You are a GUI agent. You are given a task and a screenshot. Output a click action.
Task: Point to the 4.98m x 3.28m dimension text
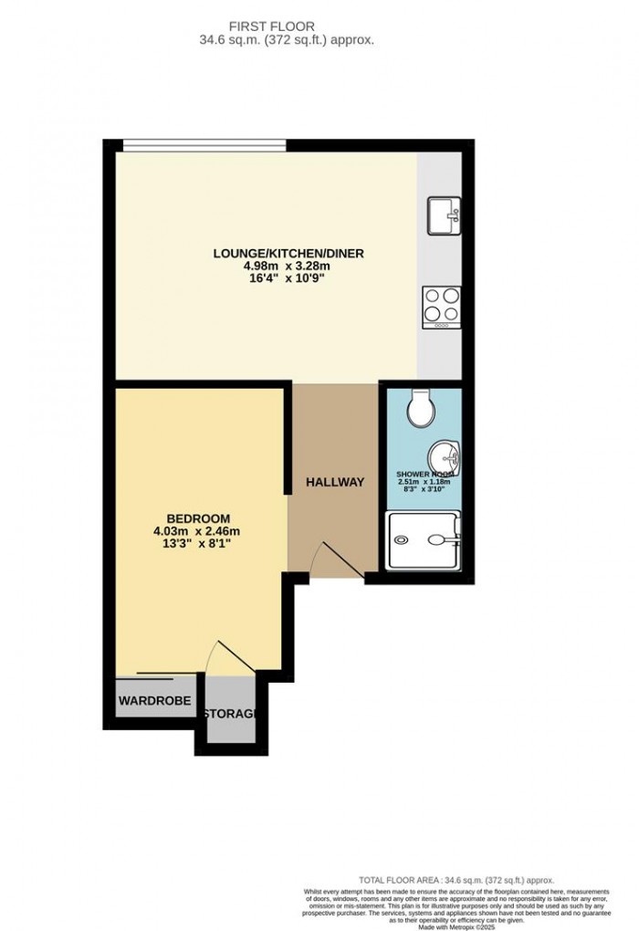pyautogui.click(x=285, y=267)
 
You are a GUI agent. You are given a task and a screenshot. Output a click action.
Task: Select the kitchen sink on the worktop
pyautogui.click(x=443, y=216)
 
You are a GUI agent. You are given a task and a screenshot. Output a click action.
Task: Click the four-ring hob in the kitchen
pyautogui.click(x=442, y=307)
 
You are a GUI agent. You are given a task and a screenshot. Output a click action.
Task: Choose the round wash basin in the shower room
pyautogui.click(x=445, y=456)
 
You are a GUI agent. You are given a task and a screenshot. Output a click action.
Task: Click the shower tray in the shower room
pyautogui.click(x=424, y=540)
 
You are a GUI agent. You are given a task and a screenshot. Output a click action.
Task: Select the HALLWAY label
pyautogui.click(x=335, y=482)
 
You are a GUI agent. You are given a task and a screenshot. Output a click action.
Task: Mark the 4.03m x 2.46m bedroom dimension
pyautogui.click(x=197, y=532)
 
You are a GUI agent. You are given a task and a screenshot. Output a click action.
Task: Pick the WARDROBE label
pyautogui.click(x=154, y=701)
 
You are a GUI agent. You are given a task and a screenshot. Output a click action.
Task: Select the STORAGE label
pyautogui.click(x=230, y=713)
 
